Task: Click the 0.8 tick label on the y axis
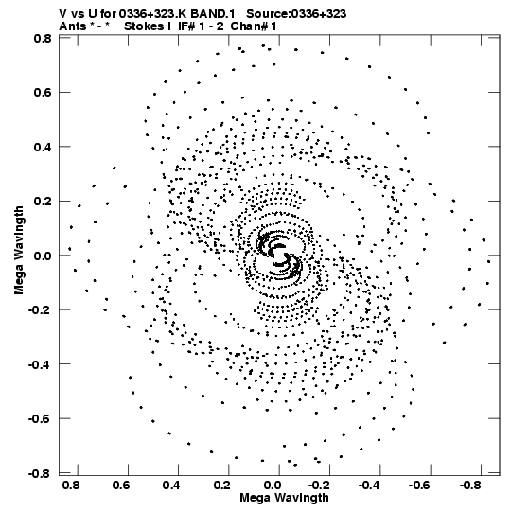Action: pyautogui.click(x=43, y=39)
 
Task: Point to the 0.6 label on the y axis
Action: pyautogui.click(x=43, y=93)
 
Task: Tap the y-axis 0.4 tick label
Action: pyautogui.click(x=43, y=147)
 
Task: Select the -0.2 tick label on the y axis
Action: pyautogui.click(x=41, y=309)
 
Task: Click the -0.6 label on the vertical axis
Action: pyautogui.click(x=41, y=418)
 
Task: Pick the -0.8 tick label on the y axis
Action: pyautogui.click(x=41, y=473)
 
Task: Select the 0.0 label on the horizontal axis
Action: pyautogui.click(x=273, y=486)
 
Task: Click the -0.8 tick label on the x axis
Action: pyautogui.click(x=471, y=486)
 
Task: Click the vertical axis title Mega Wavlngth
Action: pyautogui.click(x=19, y=251)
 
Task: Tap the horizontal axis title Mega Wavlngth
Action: pyautogui.click(x=284, y=498)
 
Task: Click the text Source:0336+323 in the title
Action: pyautogui.click(x=296, y=14)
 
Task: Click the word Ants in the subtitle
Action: pyautogui.click(x=71, y=26)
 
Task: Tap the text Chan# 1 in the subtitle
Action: pyautogui.click(x=254, y=26)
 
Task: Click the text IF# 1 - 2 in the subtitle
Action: pyautogui.click(x=201, y=26)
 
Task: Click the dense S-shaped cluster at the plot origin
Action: pyautogui.click(x=279, y=256)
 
